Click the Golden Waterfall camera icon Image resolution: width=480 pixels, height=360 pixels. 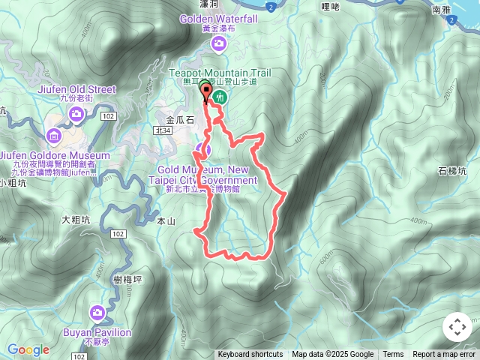point(218,43)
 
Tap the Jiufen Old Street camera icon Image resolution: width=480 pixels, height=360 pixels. point(76,113)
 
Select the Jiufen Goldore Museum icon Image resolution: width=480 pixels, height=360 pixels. point(54,136)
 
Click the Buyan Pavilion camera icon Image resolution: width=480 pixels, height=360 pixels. point(97,313)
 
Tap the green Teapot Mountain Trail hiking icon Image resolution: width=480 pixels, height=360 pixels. point(220,96)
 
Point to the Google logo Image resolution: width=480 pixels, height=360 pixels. point(28,349)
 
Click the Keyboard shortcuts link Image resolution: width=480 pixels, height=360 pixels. point(250,355)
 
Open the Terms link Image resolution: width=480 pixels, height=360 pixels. point(393,355)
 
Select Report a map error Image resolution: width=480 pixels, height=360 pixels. point(445,355)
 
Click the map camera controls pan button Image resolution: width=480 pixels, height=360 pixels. point(457,327)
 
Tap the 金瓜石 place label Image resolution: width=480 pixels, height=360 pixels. point(179,119)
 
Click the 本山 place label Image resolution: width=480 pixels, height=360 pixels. point(166,221)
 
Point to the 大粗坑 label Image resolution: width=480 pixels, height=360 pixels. point(76,220)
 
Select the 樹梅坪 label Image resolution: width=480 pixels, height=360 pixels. point(127,279)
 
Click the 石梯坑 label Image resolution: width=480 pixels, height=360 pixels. point(451,171)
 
